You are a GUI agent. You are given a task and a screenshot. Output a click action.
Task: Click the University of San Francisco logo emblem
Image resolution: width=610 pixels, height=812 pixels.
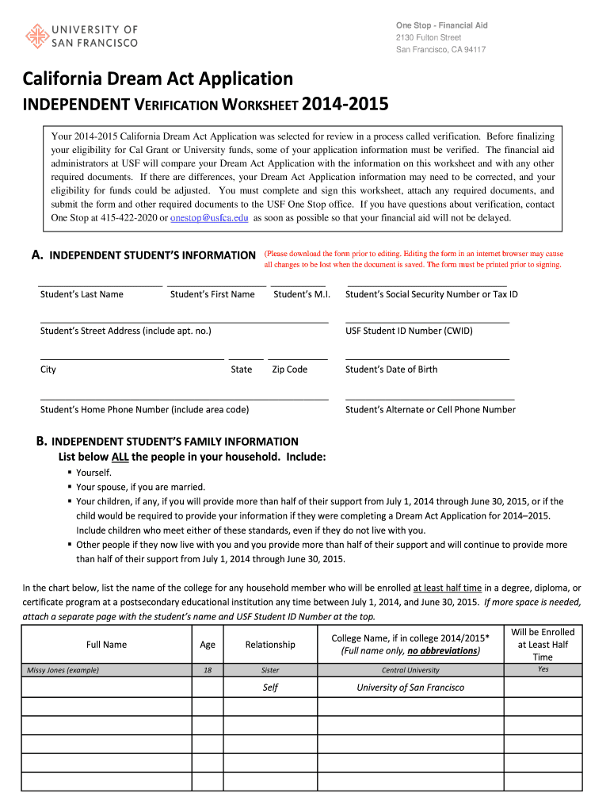tap(36, 36)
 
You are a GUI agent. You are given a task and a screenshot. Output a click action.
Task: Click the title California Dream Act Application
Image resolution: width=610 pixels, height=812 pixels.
tap(158, 79)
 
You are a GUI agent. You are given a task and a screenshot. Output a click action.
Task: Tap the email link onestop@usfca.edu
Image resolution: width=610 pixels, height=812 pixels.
tap(209, 218)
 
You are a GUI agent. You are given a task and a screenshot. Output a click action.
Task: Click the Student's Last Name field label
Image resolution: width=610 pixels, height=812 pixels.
tap(82, 294)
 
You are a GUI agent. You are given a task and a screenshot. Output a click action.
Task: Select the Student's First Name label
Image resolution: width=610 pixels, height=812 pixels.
tap(212, 294)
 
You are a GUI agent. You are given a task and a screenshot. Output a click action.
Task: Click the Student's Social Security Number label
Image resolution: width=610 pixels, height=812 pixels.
tap(431, 294)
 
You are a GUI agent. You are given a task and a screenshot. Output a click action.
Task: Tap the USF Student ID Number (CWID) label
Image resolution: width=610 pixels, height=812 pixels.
tap(409, 331)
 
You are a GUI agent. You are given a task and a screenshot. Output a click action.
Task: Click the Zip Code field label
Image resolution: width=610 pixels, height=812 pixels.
tap(289, 370)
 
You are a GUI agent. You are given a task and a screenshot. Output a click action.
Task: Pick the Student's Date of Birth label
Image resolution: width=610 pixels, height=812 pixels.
tap(391, 370)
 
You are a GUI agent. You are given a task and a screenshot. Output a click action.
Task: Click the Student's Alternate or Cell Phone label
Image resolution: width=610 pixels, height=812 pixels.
tap(430, 410)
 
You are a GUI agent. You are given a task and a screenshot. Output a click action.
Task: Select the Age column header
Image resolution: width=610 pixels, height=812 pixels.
tap(208, 645)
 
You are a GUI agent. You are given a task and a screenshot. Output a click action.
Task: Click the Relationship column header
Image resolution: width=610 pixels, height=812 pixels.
tap(270, 645)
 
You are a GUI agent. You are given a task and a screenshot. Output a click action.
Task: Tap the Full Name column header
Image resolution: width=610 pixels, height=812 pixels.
tap(106, 645)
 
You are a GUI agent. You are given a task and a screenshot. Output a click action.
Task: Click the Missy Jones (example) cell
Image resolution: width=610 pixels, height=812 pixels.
tap(63, 670)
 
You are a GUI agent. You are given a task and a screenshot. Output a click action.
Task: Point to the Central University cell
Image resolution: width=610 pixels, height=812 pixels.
tap(410, 670)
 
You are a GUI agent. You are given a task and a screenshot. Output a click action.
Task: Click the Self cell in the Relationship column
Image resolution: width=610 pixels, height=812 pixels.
tap(270, 688)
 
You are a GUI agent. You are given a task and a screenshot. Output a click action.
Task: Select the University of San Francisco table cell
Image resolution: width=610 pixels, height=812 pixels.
tap(410, 688)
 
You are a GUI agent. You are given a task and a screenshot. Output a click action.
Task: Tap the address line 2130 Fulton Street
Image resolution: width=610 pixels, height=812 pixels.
tap(429, 38)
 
